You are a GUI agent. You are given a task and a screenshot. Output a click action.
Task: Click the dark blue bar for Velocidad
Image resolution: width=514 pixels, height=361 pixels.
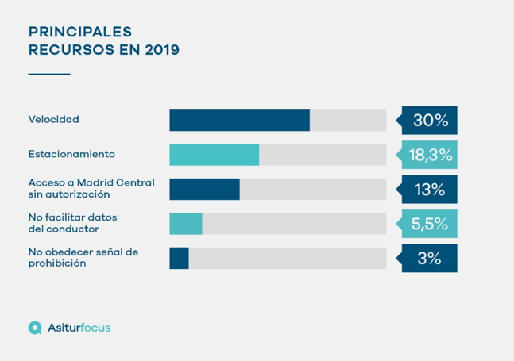click(239, 121)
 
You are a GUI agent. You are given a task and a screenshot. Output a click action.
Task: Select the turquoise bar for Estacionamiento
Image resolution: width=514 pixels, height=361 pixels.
click(214, 155)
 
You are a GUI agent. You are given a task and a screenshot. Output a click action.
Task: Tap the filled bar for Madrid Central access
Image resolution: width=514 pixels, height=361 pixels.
click(204, 190)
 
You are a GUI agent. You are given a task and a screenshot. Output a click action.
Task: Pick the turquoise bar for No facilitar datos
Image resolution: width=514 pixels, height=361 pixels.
click(186, 224)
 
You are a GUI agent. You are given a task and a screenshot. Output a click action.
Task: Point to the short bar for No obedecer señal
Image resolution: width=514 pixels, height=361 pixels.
click(179, 259)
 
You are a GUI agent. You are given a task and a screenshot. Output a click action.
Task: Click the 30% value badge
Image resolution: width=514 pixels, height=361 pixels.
click(431, 121)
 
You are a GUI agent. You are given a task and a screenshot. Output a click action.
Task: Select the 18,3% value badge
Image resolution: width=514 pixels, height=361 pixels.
click(431, 155)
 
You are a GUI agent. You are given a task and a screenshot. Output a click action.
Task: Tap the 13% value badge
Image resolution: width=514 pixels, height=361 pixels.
click(431, 190)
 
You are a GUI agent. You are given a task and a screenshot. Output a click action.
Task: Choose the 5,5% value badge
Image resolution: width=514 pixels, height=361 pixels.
click(431, 224)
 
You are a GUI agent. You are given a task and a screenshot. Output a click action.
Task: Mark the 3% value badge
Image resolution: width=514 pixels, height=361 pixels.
click(431, 259)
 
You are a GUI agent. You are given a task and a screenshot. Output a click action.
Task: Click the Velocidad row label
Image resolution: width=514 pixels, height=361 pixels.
click(54, 120)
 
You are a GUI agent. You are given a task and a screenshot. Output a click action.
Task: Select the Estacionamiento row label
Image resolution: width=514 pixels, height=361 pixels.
click(71, 154)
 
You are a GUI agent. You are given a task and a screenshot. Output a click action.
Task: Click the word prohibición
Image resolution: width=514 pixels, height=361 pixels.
click(57, 263)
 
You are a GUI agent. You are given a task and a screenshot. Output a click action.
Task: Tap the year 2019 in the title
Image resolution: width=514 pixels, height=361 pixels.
click(161, 50)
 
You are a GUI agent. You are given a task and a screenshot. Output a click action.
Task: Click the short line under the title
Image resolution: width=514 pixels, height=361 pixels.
click(49, 74)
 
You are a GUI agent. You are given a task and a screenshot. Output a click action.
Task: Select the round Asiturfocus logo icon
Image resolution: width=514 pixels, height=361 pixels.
click(35, 327)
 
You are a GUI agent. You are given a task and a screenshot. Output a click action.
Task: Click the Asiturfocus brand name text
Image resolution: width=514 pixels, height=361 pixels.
click(79, 327)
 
